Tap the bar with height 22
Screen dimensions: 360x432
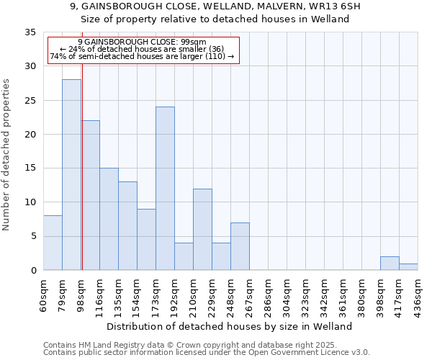click(91, 195)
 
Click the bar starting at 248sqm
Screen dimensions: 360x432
click(240, 246)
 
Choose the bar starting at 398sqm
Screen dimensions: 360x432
click(390, 264)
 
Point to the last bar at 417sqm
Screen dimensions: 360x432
click(408, 266)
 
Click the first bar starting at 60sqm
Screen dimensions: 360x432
click(53, 243)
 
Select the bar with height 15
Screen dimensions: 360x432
click(109, 219)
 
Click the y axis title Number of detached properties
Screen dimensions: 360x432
click(7, 155)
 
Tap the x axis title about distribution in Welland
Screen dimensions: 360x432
click(234, 326)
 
